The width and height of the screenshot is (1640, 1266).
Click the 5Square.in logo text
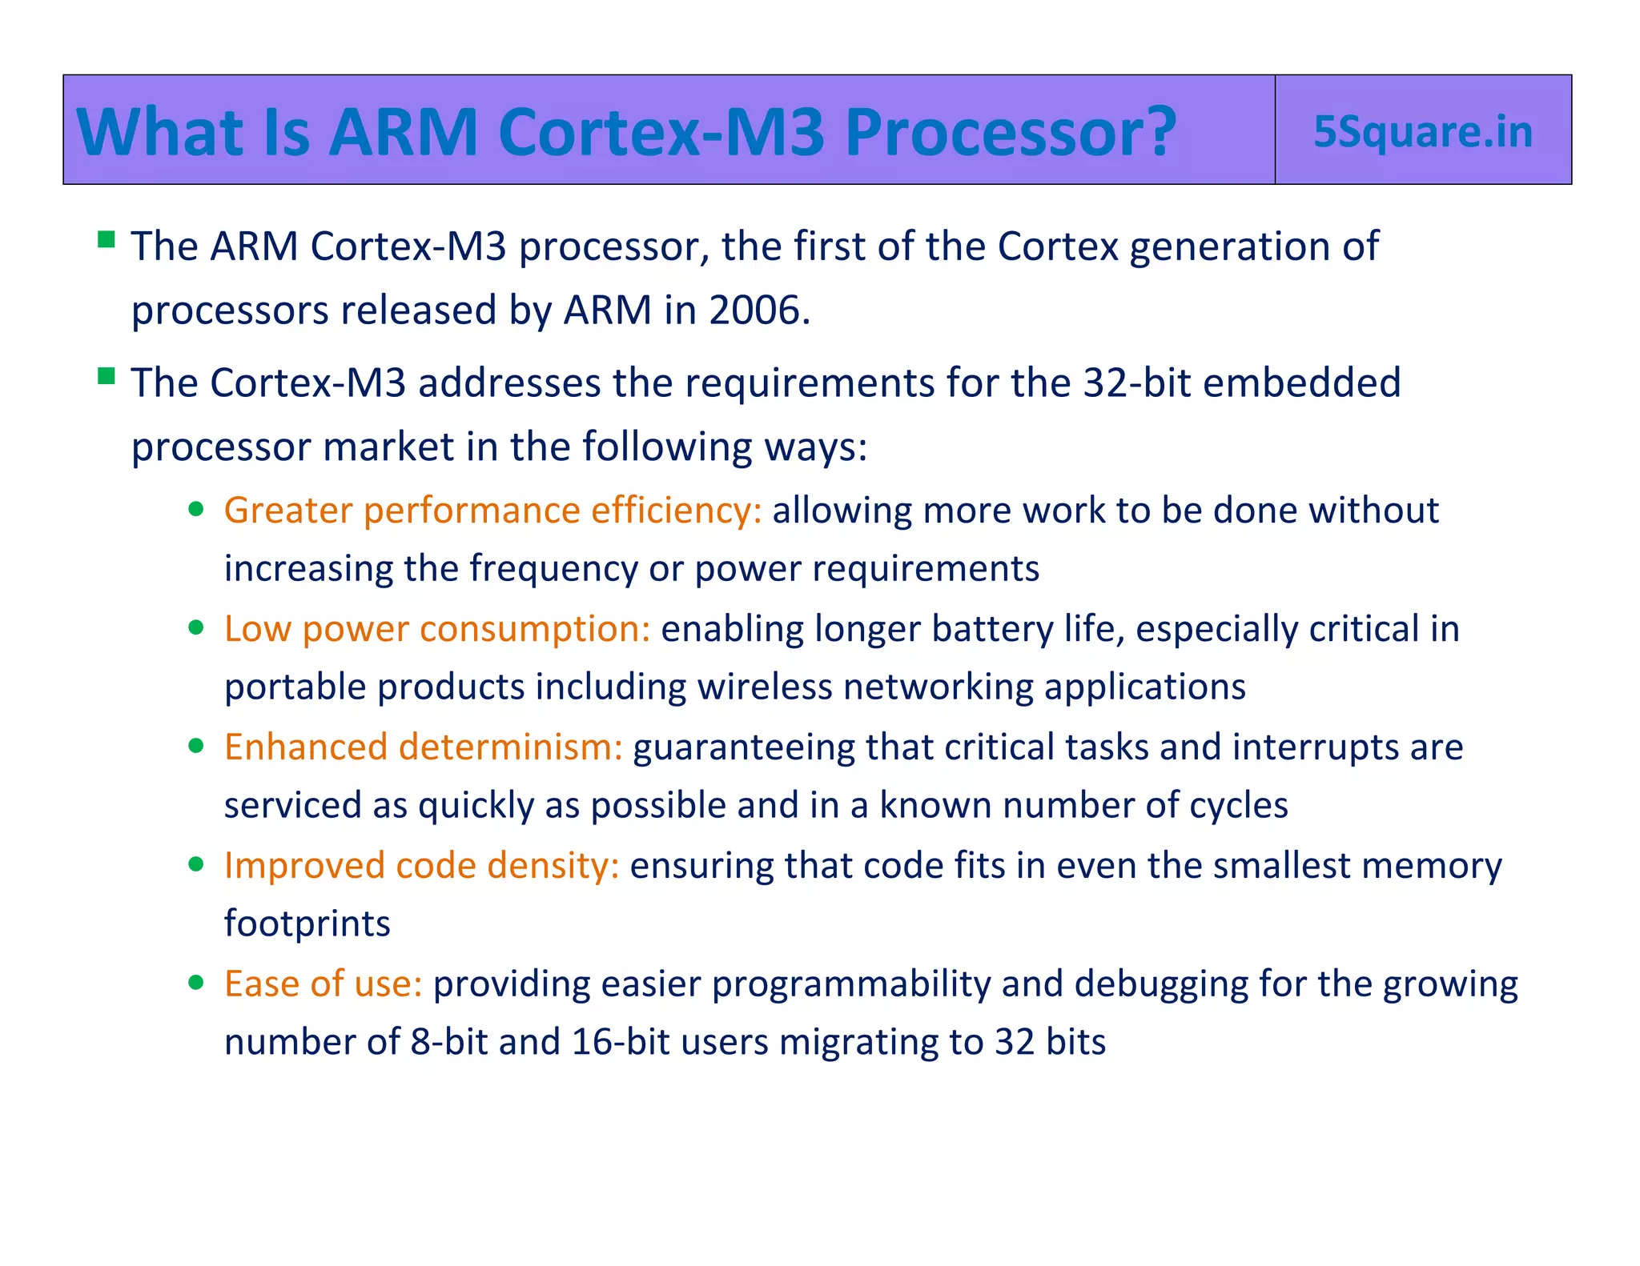click(x=1423, y=131)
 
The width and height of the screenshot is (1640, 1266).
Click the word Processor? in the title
click(x=1011, y=131)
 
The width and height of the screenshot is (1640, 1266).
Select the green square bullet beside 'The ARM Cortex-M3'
click(x=107, y=239)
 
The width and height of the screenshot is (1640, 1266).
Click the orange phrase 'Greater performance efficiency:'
click(x=492, y=511)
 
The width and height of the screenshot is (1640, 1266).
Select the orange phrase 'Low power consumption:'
click(x=437, y=629)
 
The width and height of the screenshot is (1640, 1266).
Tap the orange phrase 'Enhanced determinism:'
click(x=423, y=747)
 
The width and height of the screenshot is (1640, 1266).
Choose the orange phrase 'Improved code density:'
click(x=422, y=866)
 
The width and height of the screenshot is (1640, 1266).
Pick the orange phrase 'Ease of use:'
click(x=323, y=984)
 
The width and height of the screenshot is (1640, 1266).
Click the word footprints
click(x=307, y=923)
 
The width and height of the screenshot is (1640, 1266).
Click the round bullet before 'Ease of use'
click(x=196, y=983)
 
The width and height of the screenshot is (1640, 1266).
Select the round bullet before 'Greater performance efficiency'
click(x=196, y=510)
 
